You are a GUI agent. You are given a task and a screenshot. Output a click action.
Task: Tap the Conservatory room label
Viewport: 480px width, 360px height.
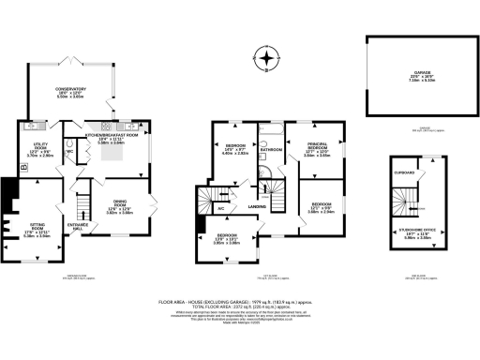[70, 91]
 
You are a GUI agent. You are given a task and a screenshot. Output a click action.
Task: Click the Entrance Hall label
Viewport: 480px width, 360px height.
[78, 226]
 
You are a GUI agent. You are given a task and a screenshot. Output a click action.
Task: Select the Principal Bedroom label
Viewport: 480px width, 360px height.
[315, 149]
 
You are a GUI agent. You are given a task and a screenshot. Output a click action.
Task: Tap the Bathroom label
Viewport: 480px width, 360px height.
[272, 149]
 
